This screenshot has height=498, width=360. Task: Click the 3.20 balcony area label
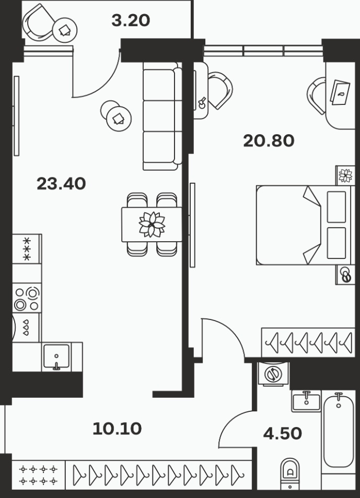click(x=131, y=21)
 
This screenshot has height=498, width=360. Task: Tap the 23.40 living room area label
click(x=61, y=184)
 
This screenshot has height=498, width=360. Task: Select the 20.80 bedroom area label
click(x=269, y=141)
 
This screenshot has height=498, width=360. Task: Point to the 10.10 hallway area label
click(x=117, y=429)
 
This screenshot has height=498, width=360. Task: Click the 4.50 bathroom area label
click(x=282, y=433)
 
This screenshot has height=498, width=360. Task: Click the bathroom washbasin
click(x=306, y=401)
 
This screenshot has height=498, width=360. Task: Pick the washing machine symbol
click(x=273, y=374)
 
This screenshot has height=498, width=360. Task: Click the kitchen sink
click(x=56, y=357)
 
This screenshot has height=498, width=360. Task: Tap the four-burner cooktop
click(x=27, y=299)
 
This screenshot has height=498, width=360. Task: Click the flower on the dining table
click(x=152, y=224)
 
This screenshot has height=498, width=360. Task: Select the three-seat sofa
click(x=162, y=116)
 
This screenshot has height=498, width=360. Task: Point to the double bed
click(x=305, y=225)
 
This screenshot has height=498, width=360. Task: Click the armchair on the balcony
click(x=38, y=22)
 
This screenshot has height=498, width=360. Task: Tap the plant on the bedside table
click(x=345, y=175)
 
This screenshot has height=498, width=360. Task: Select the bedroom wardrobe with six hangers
click(x=308, y=342)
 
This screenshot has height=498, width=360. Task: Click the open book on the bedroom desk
click(x=340, y=92)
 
